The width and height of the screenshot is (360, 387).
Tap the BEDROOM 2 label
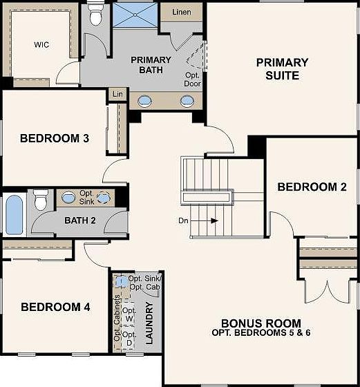click(312, 187)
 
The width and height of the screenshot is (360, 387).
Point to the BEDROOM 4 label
click(55, 307)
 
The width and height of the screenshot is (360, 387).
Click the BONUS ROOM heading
click(260, 323)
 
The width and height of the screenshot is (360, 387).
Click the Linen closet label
click(180, 12)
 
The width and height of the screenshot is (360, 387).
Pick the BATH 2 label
click(79, 221)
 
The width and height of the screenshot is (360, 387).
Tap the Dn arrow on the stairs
click(207, 221)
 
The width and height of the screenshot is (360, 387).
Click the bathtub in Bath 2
click(15, 215)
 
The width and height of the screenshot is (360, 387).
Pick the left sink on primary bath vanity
click(146, 102)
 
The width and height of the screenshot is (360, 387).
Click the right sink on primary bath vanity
click(187, 102)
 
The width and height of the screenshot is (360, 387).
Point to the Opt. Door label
click(192, 79)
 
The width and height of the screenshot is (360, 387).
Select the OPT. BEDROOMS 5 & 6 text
click(260, 333)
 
